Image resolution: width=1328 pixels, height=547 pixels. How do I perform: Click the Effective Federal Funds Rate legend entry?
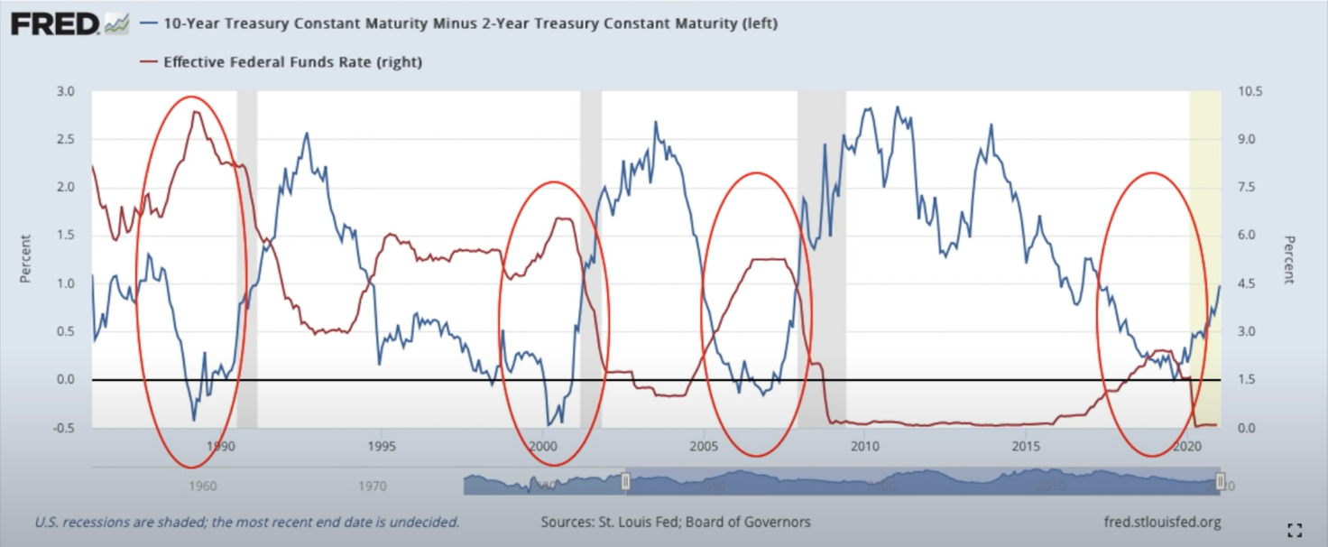click(291, 62)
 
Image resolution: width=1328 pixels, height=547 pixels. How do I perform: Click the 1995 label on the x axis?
click(382, 446)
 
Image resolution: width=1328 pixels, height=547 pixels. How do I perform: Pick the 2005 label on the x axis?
click(704, 446)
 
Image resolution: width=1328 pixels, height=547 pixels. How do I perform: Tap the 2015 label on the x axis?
click(1026, 446)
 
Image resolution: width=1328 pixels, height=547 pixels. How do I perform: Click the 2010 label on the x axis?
click(864, 446)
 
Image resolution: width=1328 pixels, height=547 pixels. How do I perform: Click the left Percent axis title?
click(26, 259)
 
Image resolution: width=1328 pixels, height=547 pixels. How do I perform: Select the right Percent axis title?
click(1287, 259)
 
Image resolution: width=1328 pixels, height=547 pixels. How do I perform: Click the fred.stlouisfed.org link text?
click(1162, 522)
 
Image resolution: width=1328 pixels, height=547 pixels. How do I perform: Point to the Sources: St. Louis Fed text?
click(675, 522)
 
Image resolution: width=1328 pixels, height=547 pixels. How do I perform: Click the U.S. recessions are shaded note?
click(246, 522)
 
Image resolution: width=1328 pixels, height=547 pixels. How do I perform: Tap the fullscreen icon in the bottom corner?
click(1295, 530)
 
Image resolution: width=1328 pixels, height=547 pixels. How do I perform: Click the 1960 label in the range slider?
click(202, 486)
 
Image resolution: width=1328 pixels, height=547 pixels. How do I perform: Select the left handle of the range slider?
click(625, 482)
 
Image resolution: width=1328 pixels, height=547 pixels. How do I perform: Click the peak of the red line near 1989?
click(195, 112)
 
